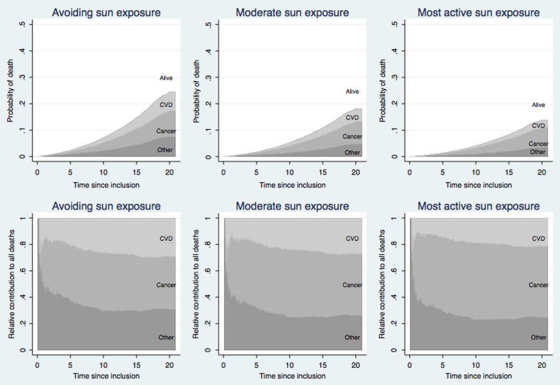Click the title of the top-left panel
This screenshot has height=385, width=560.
coord(106,12)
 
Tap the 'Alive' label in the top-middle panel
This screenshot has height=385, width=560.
coord(352,91)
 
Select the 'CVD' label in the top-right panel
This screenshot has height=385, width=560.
coord(538,125)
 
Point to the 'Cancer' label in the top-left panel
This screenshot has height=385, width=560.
coord(166,131)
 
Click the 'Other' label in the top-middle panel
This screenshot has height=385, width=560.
coord(352,153)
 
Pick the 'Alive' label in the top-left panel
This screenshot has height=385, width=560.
coord(166,79)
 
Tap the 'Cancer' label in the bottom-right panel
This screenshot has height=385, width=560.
coord(538,285)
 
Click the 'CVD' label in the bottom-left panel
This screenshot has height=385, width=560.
coord(166,239)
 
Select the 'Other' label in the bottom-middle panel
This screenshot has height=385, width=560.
coord(352,337)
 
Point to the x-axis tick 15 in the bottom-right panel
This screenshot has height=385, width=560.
coord(508,365)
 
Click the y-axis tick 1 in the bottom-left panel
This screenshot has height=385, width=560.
coord(22,218)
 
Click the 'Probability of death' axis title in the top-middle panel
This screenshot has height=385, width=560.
coord(197,91)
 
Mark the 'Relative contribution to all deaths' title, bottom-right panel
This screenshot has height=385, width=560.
coord(383,284)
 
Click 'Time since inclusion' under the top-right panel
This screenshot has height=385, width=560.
coord(479,185)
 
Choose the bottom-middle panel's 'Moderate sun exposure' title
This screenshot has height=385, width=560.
coord(292,206)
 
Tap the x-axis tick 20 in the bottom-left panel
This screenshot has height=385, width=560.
coord(169,365)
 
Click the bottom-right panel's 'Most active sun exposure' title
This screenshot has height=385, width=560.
coord(479,206)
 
